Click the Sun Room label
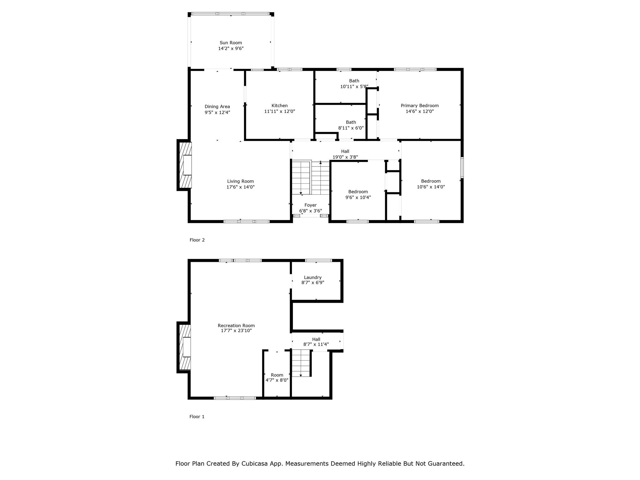pyautogui.click(x=231, y=43)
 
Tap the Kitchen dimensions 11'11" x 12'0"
pyautogui.click(x=279, y=111)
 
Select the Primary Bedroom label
pyautogui.click(x=419, y=106)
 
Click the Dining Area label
pyautogui.click(x=217, y=107)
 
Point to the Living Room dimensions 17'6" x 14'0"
pyautogui.click(x=240, y=187)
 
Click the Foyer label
pyautogui.click(x=310, y=205)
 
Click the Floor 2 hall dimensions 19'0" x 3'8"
pyautogui.click(x=345, y=157)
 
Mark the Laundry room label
pyautogui.click(x=312, y=277)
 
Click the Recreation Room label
pyautogui.click(x=236, y=326)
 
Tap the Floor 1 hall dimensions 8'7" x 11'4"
pyautogui.click(x=316, y=344)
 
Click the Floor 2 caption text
pyautogui.click(x=197, y=240)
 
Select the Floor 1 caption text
pyautogui.click(x=197, y=417)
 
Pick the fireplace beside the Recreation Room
pyautogui.click(x=185, y=347)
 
